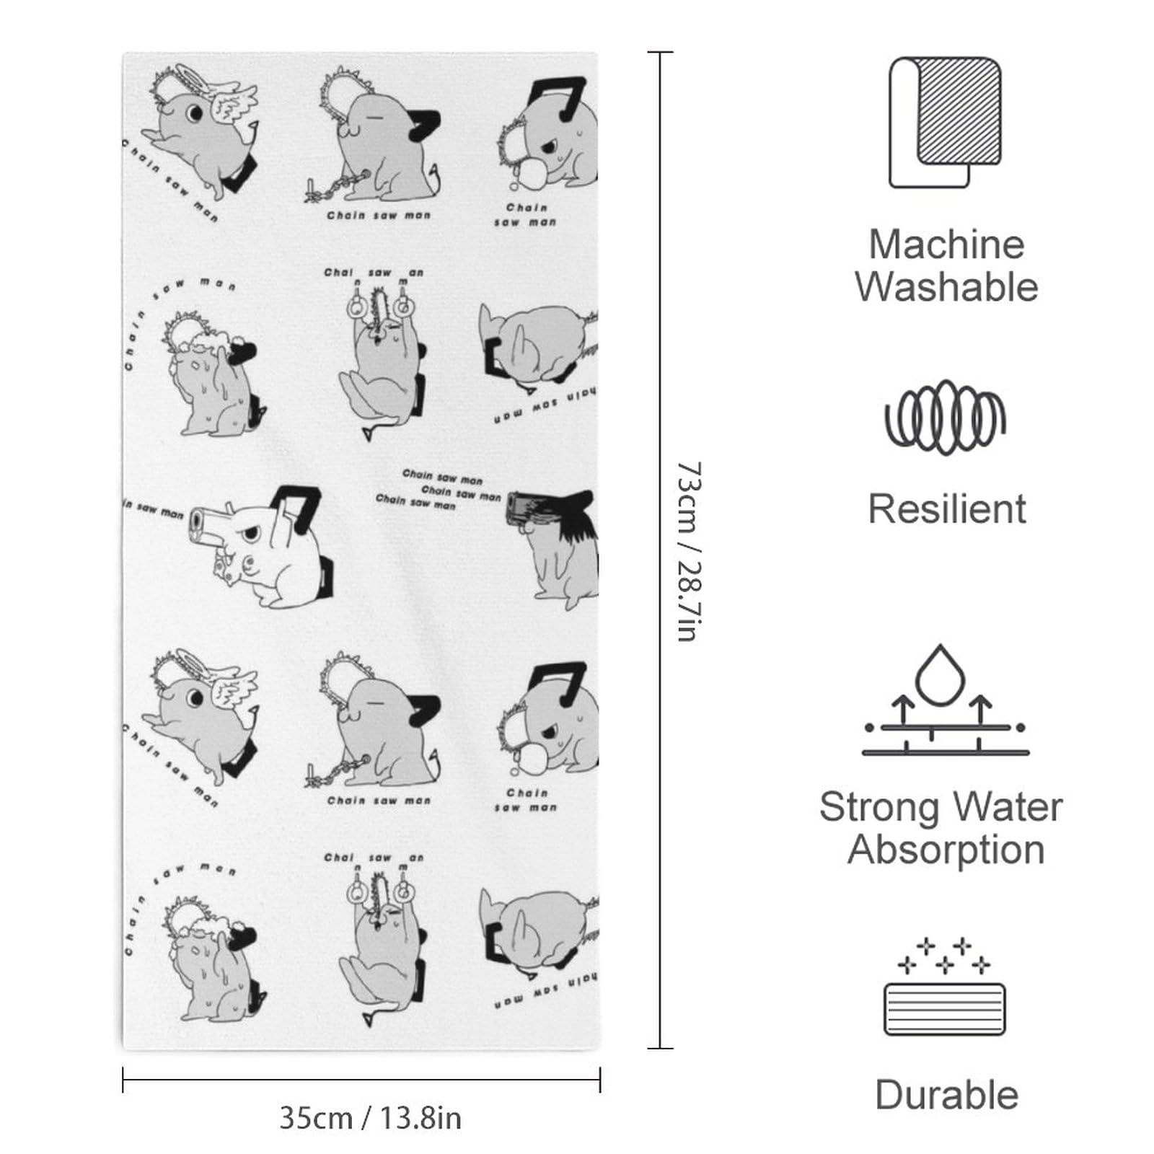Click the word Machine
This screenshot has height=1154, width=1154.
(946, 245)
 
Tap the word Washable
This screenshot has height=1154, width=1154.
(946, 287)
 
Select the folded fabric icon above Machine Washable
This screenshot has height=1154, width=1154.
(945, 122)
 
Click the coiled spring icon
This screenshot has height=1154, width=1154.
(945, 418)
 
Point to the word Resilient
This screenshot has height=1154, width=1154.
(946, 509)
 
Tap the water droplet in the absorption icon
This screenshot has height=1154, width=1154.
(941, 675)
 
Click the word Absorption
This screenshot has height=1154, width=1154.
(946, 850)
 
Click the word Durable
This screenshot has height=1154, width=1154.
(946, 1095)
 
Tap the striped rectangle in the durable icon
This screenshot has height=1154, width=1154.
(945, 1008)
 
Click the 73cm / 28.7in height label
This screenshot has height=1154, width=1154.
(688, 552)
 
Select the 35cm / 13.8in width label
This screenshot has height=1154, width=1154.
(370, 1118)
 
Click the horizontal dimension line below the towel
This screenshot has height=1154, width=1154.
(361, 1080)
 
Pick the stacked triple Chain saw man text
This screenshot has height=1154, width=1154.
(439, 490)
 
